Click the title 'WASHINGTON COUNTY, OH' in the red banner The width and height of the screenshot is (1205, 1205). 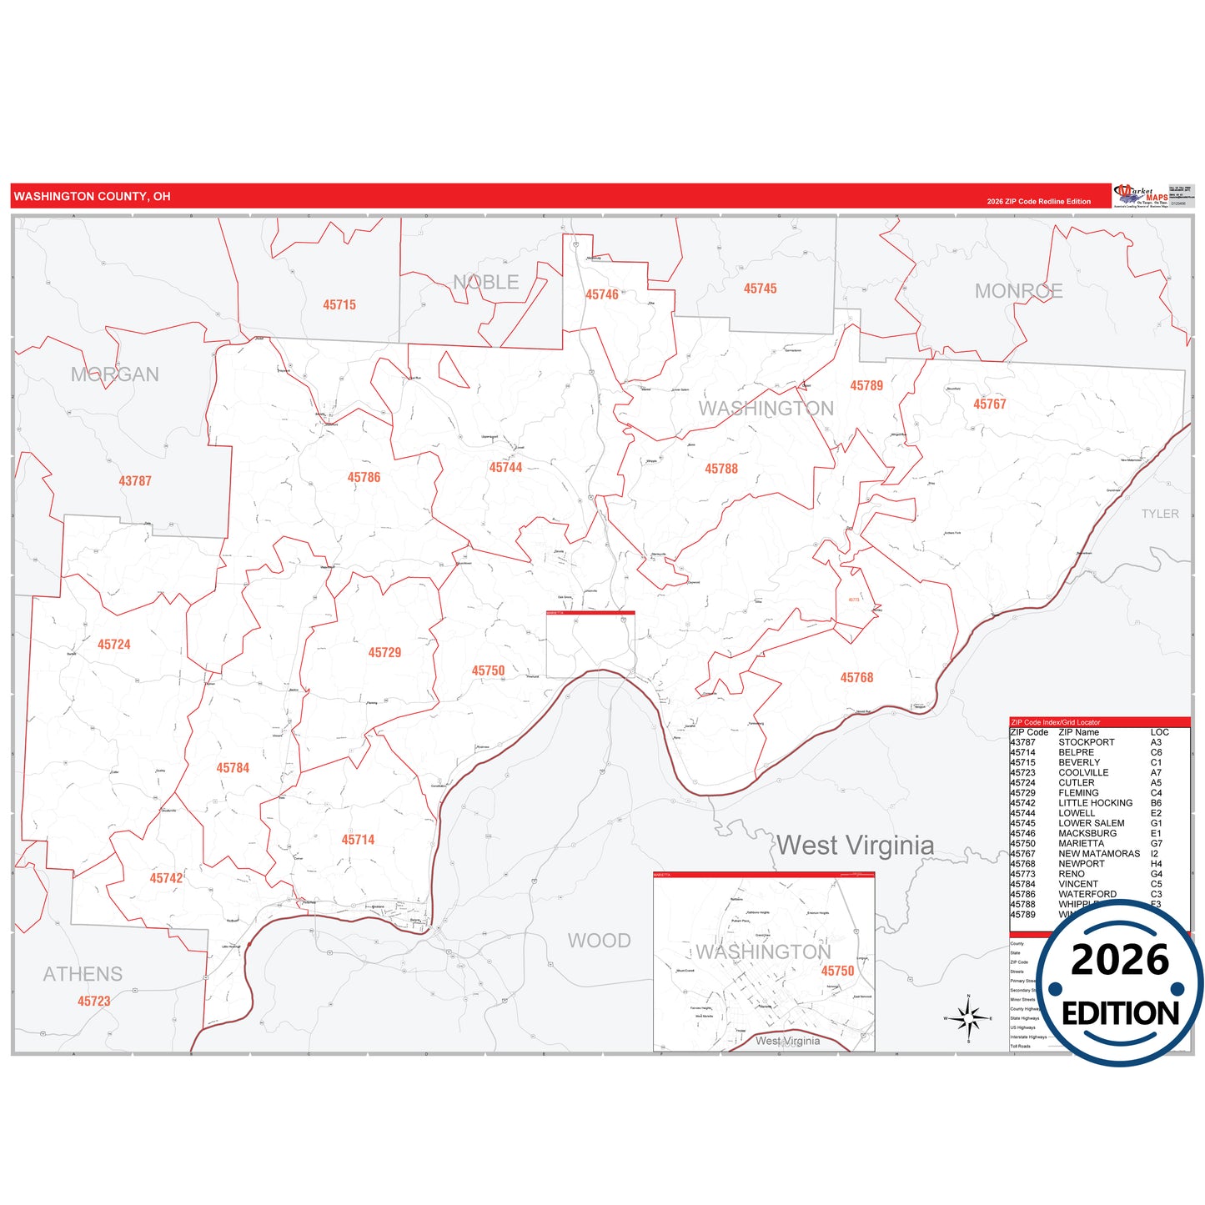pos(92,197)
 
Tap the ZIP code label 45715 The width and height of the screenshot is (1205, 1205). pos(339,305)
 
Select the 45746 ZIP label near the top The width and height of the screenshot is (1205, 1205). pos(601,294)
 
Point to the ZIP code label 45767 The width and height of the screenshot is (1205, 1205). pos(989,404)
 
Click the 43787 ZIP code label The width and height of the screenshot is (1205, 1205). pos(135,481)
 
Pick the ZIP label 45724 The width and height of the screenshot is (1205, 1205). pos(113,645)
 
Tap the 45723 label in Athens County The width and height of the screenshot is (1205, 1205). pos(93,1002)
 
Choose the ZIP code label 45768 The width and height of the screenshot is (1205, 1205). pos(856,678)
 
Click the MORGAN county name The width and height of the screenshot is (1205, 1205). pos(114,374)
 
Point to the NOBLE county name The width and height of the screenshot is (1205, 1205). pos(486,283)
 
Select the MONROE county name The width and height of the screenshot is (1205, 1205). pos(1018,291)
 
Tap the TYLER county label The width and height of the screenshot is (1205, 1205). pos(1160,514)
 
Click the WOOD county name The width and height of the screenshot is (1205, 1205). pos(599,941)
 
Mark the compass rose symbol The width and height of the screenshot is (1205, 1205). pos(968,1018)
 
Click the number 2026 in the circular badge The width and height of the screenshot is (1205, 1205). pos(1120,960)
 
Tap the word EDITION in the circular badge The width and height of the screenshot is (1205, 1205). pos(1120,1013)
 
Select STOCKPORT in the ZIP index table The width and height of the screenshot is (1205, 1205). pos(1086,742)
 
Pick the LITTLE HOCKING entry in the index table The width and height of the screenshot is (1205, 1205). pos(1095,803)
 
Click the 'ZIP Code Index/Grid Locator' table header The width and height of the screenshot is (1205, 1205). pos(1055,722)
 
